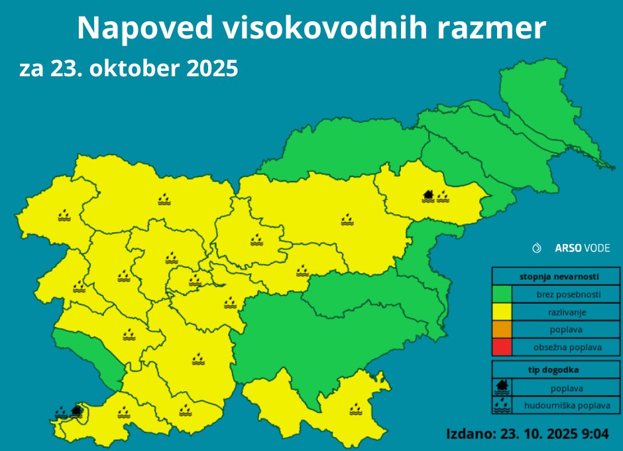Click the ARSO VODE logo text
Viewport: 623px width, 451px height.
point(582,248)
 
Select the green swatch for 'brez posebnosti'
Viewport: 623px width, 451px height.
point(502,294)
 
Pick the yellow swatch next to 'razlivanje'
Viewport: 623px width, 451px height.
point(502,311)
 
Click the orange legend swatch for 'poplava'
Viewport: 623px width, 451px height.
point(502,329)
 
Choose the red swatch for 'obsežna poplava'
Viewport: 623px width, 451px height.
point(502,346)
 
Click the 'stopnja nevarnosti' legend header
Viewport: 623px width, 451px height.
point(557,275)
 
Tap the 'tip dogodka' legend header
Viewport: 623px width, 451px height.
point(557,370)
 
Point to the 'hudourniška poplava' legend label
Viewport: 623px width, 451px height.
point(567,405)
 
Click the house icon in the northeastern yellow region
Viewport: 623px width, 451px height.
point(428,196)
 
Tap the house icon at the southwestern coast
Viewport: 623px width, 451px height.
point(76,411)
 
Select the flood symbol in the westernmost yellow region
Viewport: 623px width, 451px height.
point(64,216)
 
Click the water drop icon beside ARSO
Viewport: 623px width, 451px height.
point(538,248)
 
